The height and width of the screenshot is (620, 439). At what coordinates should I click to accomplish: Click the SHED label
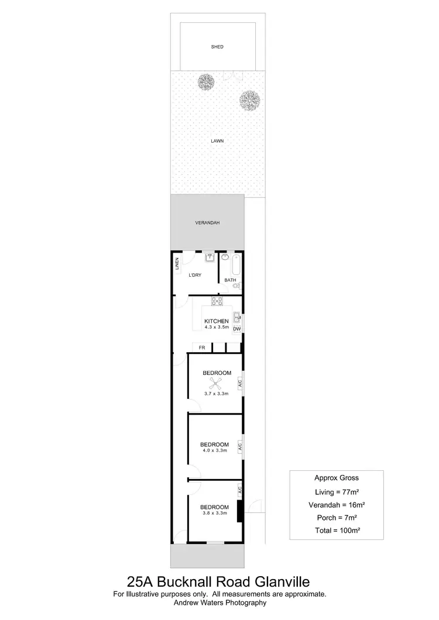coord(217,47)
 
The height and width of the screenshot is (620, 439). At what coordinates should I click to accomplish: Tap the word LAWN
coord(217,141)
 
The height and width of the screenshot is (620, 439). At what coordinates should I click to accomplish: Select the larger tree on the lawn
coord(250,100)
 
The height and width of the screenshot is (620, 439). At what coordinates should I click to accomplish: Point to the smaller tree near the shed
coord(205,81)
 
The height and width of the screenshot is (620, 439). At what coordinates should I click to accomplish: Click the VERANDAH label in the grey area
coord(207,223)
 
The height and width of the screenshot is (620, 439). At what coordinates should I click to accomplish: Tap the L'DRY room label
coord(195,275)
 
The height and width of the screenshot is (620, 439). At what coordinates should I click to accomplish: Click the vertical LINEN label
coord(177,264)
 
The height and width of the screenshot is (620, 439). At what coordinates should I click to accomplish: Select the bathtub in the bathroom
coord(235,264)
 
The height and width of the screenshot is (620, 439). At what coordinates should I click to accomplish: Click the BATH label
coord(230,280)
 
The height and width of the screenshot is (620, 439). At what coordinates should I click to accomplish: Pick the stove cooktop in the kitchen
coord(217,302)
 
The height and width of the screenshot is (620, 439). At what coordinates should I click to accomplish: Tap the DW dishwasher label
coord(237,329)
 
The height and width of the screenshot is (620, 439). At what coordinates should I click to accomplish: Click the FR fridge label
coord(202,348)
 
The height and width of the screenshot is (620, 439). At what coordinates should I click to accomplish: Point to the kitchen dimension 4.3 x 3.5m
coord(216,328)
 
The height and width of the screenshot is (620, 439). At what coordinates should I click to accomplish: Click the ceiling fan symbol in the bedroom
coord(215,384)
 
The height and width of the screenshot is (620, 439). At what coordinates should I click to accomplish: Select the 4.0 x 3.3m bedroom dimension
coord(214,450)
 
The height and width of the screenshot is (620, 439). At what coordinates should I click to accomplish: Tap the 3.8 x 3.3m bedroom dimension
coord(214,513)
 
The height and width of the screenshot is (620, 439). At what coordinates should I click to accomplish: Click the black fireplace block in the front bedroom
coord(239,511)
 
